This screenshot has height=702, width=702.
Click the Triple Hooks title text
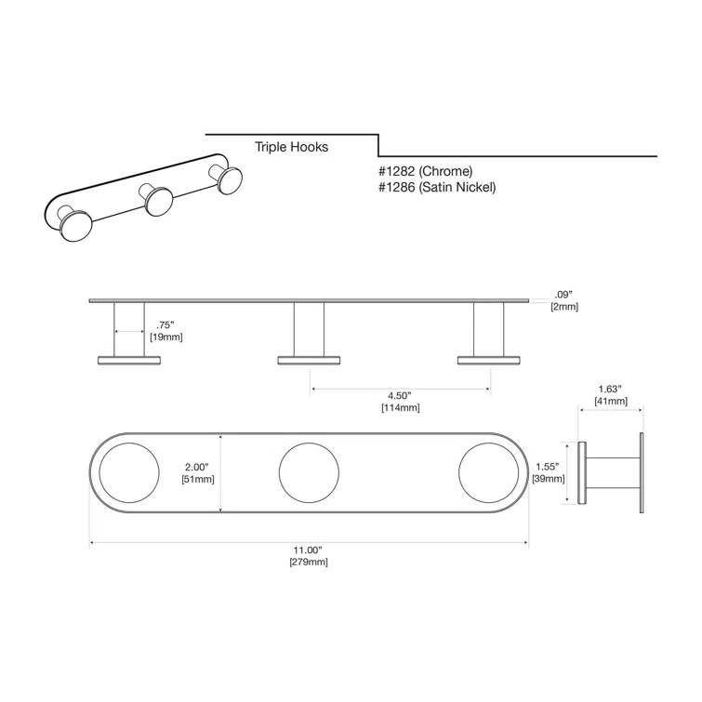(x=292, y=147)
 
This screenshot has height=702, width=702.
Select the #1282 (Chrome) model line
(x=426, y=171)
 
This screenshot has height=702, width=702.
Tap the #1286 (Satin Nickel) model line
(x=438, y=188)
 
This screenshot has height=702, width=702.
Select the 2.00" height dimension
(x=198, y=467)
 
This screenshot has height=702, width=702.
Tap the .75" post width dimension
(x=166, y=325)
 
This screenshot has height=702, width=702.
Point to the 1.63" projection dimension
(x=611, y=390)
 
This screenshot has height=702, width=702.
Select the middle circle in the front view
(x=311, y=473)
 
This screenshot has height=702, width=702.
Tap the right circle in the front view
(x=489, y=473)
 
